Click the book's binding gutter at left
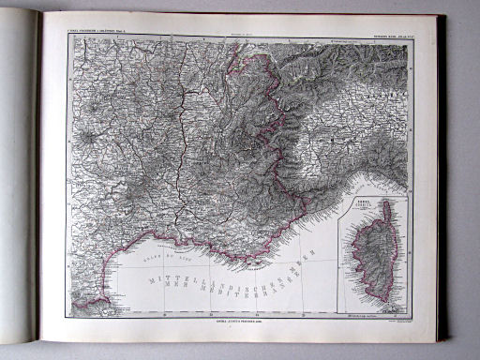(x=38, y=178)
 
